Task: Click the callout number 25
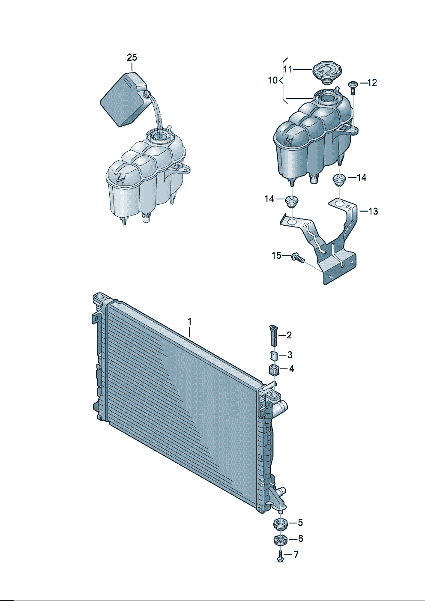coord(132,57)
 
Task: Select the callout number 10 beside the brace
coord(273,80)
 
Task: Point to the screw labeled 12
coord(352,87)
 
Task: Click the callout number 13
coord(373,211)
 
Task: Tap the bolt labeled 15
coord(298,257)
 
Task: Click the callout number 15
coord(276,255)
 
